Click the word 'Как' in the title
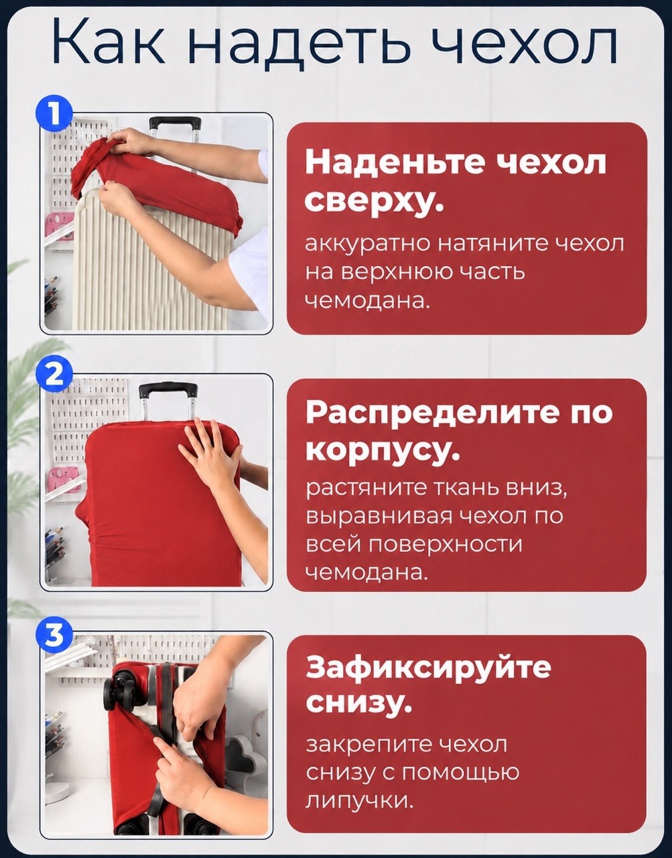coord(109,42)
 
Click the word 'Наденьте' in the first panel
coord(394,162)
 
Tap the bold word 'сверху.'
coord(373,202)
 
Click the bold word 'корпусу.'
coord(383,452)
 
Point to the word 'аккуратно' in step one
coord(368,245)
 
